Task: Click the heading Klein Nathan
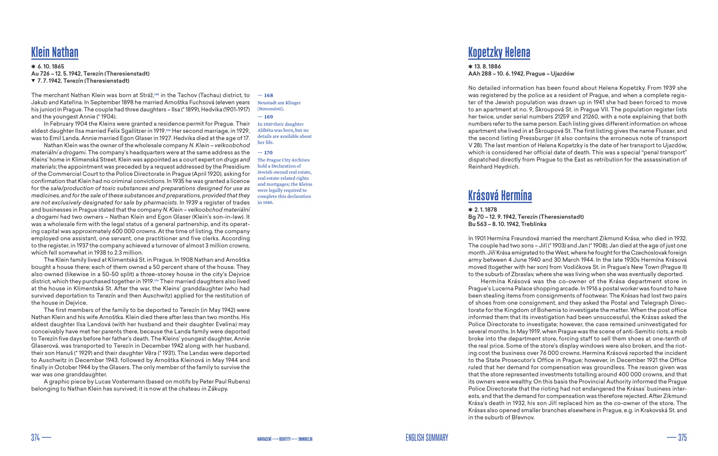click(55, 53)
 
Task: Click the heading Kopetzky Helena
click(499, 53)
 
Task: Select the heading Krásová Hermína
click(500, 196)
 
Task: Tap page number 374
click(35, 438)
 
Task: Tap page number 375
click(682, 438)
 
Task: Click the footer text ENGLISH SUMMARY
click(427, 438)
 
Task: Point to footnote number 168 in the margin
click(268, 95)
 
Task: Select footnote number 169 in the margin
click(268, 117)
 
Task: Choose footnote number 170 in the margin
click(268, 153)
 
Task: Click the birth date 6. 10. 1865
click(51, 66)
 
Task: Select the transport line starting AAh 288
click(521, 74)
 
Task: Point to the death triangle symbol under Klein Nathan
click(33, 81)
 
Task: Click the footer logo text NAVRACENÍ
click(264, 438)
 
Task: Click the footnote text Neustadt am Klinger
click(279, 103)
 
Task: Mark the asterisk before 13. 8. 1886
click(470, 66)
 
